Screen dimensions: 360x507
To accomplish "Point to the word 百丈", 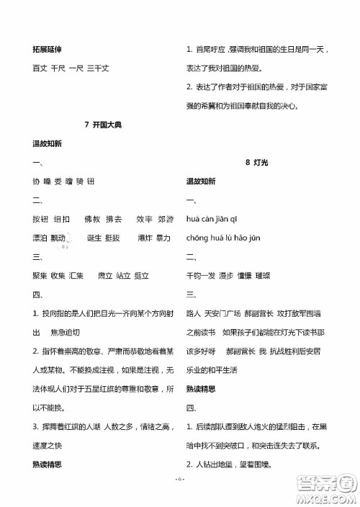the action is point(40,68).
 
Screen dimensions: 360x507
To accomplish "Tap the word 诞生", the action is point(94,238).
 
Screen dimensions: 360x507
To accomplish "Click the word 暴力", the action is point(163,238).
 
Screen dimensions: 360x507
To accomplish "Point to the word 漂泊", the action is point(40,238).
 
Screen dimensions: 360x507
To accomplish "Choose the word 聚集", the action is point(40,275).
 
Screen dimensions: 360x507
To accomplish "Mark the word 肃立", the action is point(105,275).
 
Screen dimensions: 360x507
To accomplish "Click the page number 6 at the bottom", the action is point(180,499).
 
